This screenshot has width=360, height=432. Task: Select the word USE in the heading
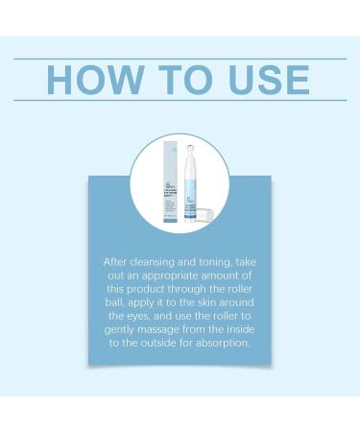(266, 80)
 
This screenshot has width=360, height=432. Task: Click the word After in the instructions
(114, 260)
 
